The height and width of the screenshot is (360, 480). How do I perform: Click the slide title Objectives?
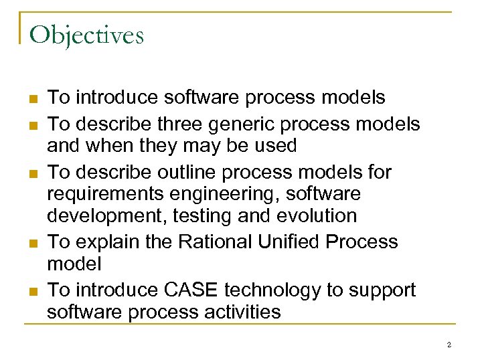tap(87, 35)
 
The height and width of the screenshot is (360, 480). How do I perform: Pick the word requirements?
tap(104, 194)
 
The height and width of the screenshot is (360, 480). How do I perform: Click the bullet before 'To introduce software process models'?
tap(31, 98)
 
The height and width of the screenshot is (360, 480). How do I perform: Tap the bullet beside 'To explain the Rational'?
tap(31, 243)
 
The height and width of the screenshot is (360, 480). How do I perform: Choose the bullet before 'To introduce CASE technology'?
tap(31, 291)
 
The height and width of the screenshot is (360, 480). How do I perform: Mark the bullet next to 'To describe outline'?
tap(31, 173)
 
